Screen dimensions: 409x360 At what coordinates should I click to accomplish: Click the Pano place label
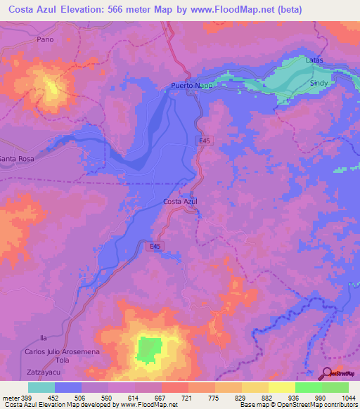pos(45,40)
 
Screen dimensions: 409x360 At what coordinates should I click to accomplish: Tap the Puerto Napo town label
pos(192,86)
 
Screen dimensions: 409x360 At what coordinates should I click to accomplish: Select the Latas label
pos(314,60)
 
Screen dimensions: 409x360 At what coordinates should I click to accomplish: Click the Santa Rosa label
pos(17,160)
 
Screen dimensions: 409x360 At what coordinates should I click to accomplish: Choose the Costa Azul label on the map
pos(180,202)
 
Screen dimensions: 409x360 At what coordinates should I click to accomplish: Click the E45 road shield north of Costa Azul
pos(201,141)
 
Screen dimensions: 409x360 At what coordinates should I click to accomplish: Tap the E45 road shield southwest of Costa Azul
pos(155,246)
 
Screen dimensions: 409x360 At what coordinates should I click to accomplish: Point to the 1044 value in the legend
pos(347,398)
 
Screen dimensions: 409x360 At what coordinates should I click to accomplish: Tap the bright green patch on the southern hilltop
pos(148,350)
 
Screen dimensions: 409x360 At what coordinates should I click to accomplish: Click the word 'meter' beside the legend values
pos(10,398)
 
